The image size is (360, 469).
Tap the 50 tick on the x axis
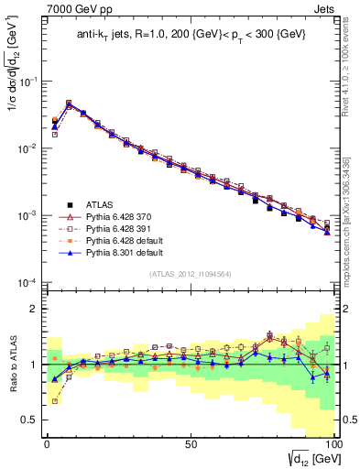pos(190,442)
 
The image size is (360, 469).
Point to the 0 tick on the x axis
pos(47,442)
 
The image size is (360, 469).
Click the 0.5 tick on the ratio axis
pos(32,420)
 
